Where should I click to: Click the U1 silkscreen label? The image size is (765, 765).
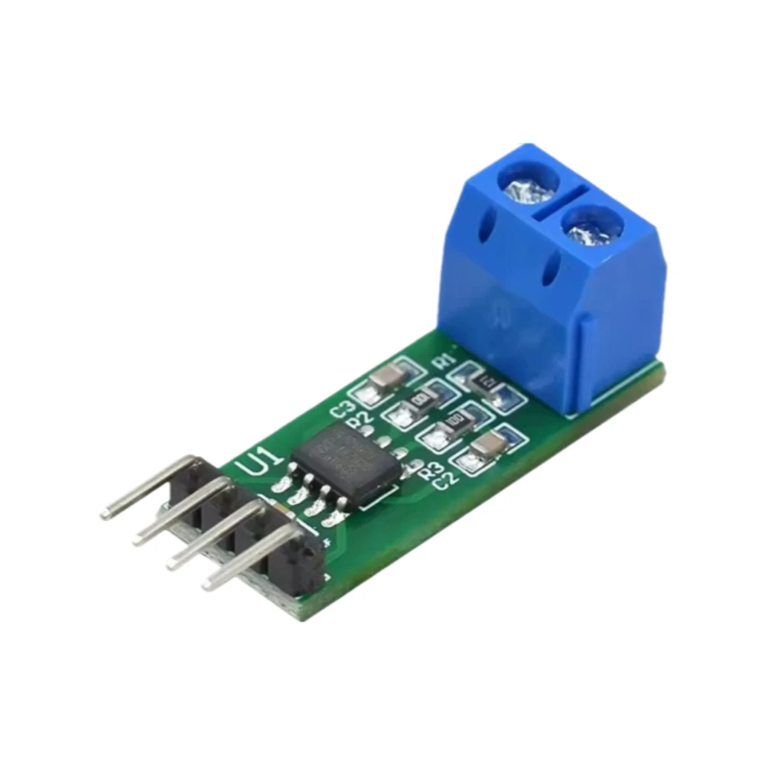coord(252,464)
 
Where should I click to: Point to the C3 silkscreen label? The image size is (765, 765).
coord(341,409)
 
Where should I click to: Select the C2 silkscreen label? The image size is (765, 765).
coord(445,480)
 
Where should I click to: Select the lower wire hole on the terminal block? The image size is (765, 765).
coord(553,270)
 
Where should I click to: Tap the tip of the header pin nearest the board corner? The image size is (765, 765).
coord(208,585)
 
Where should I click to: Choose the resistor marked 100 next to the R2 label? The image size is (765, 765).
coord(419,399)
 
